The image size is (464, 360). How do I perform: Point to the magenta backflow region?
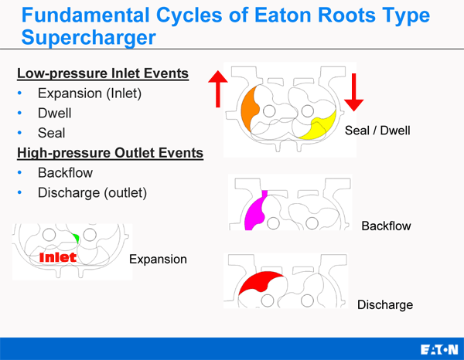[254, 211]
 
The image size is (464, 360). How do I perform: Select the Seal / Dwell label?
[377, 131]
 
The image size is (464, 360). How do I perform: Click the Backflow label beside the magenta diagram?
[386, 226]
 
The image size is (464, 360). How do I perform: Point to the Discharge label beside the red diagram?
[385, 304]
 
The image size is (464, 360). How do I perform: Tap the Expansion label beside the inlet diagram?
[158, 259]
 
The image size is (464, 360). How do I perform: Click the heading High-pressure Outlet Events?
[110, 153]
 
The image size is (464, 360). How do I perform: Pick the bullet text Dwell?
[54, 114]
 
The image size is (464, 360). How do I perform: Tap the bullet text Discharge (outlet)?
[92, 192]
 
